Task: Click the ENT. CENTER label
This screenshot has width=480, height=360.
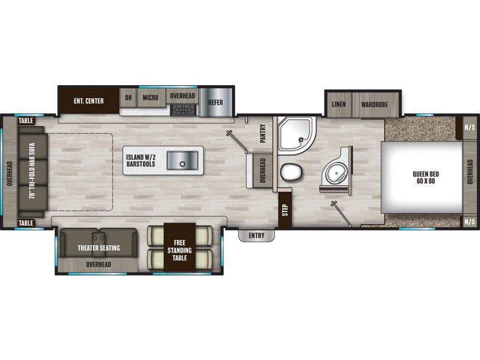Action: point(88,101)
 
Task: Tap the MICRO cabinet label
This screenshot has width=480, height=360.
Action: point(151,98)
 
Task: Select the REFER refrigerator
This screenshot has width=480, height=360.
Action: point(215,103)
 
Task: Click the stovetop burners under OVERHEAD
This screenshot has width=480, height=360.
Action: point(183,110)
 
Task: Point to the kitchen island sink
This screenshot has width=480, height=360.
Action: point(182,160)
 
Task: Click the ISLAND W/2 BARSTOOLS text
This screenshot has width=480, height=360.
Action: point(141,161)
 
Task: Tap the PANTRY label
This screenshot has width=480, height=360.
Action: point(263,133)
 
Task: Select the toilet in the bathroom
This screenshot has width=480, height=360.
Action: point(291,172)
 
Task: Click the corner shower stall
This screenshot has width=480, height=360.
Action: point(296,135)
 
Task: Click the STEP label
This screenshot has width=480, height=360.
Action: point(285,211)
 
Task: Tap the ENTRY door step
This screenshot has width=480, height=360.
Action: point(257,235)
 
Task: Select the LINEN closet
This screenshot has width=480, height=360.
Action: point(339,104)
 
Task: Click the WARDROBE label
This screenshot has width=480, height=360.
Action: point(374,104)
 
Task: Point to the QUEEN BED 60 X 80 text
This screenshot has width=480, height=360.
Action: point(426,178)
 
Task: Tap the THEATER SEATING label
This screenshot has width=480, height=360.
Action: point(98,248)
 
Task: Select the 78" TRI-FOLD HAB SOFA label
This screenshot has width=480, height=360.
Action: point(32,171)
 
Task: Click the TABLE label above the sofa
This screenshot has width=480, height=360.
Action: point(26,121)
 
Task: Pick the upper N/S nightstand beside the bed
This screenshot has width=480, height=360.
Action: point(470,127)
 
